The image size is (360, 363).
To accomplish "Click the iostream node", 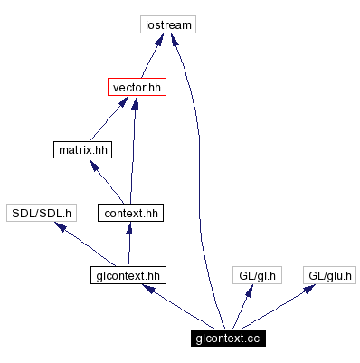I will [x=168, y=24].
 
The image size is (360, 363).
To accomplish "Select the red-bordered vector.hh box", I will [x=136, y=88].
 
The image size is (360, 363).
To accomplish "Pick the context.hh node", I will [x=131, y=213].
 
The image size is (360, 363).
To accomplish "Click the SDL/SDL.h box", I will [x=41, y=213].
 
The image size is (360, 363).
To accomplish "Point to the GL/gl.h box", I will [x=257, y=274].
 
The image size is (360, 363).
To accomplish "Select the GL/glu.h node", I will [x=328, y=274].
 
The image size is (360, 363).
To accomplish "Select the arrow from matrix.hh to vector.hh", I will [x=107, y=119].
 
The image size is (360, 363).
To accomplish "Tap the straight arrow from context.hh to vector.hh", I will [x=133, y=150].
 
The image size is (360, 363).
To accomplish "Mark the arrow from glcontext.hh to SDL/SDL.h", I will [x=86, y=244].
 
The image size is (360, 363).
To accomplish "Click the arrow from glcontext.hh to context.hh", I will [x=130, y=244].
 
